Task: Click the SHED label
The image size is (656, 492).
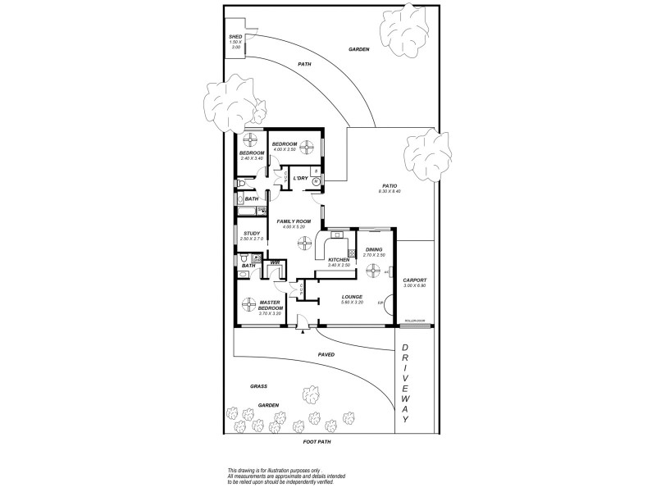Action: tap(235, 37)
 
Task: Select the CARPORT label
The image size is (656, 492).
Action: tap(415, 280)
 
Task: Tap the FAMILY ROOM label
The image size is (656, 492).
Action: tap(291, 221)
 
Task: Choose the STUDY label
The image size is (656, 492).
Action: tap(253, 233)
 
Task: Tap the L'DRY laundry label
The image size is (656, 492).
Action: tap(301, 178)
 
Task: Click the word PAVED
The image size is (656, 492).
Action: tap(326, 354)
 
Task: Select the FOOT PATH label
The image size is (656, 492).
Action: tap(317, 441)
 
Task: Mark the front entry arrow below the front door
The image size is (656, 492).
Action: tap(303, 332)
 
